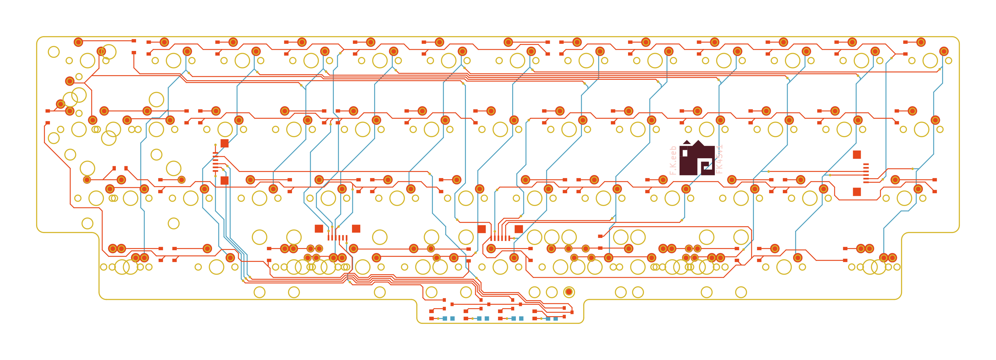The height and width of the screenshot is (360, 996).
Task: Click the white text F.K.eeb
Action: click(x=673, y=161)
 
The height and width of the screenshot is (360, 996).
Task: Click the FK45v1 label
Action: click(x=719, y=159)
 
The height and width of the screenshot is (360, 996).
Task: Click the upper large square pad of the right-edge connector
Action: click(x=857, y=155)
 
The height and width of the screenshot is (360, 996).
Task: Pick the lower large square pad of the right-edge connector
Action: click(x=857, y=192)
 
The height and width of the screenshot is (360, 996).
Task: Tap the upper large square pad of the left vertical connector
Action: click(x=225, y=143)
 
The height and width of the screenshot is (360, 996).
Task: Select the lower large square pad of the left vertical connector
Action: click(x=225, y=180)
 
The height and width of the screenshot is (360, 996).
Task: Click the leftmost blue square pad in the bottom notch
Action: click(x=445, y=319)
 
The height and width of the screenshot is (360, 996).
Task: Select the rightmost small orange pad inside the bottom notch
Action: click(x=571, y=312)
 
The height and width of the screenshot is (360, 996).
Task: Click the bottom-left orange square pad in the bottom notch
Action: click(x=431, y=319)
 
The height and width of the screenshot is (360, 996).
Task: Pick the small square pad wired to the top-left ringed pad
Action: click(x=134, y=41)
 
